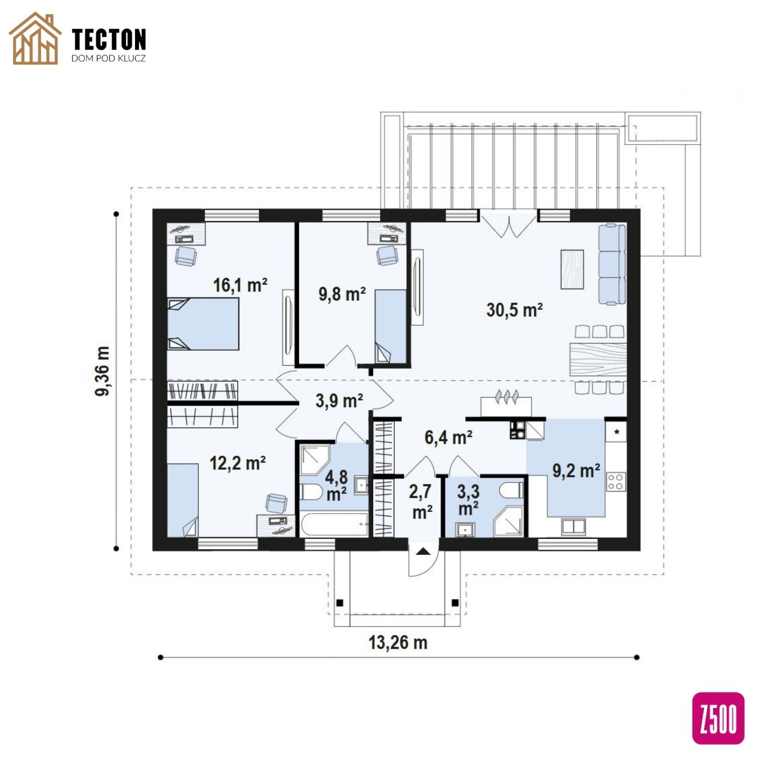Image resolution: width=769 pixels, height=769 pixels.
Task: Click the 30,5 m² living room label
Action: coord(514,310)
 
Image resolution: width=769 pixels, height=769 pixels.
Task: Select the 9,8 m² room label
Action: coord(342,294)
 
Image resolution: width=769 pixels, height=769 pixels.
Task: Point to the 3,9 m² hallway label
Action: coord(339,400)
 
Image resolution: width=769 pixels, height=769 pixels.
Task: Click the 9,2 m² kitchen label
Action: coord(576,471)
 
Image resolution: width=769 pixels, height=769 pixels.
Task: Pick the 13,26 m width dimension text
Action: coord(398,643)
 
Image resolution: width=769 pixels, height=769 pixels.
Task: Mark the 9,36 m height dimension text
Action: coord(103,371)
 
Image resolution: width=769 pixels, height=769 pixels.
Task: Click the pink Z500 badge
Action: coord(718,718)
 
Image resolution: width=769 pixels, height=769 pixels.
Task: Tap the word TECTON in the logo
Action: coord(109,39)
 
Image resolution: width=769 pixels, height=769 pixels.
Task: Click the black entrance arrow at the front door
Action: coord(423,552)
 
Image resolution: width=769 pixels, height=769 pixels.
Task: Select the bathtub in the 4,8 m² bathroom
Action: coord(334,525)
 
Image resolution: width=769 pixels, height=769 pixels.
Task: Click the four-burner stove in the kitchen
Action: coord(616,481)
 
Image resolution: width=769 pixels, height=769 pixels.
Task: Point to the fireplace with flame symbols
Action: coord(506,403)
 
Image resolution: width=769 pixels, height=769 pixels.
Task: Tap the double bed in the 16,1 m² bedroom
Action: coord(203,324)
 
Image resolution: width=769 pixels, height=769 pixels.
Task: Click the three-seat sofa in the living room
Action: coord(612,264)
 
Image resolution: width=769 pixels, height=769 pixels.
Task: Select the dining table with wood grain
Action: coord(598,359)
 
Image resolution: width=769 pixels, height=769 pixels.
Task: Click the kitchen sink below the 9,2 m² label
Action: coord(574,526)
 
